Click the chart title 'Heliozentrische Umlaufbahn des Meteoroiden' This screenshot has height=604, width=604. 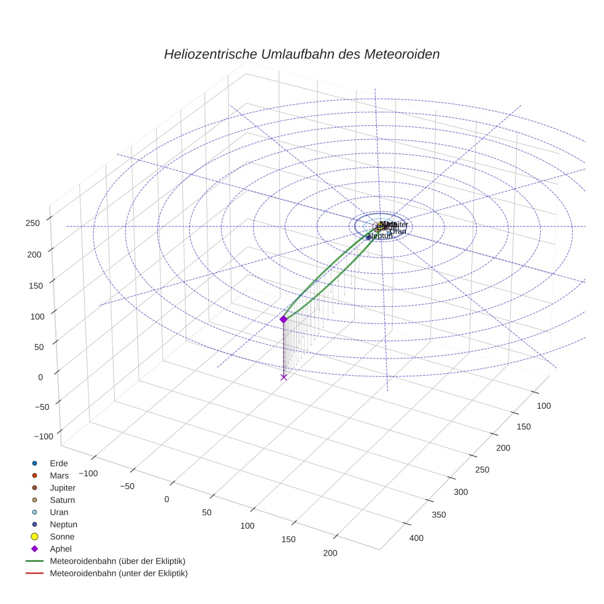(x=301, y=54)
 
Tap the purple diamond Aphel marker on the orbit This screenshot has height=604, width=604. (x=284, y=319)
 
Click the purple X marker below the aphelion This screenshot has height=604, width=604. (x=284, y=377)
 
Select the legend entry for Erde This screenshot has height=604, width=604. (x=59, y=463)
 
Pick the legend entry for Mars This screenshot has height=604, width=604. (x=59, y=476)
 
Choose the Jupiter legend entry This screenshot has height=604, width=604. (x=63, y=488)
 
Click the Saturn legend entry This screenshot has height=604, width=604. (x=62, y=500)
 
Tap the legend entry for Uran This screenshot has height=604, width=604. (x=59, y=513)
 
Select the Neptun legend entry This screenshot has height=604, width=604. (x=63, y=525)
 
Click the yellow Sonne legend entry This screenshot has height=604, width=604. (x=62, y=537)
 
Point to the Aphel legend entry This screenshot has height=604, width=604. (x=60, y=549)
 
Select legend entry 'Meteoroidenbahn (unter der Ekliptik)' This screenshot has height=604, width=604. (x=118, y=573)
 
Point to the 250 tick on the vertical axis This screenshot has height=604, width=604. (x=33, y=223)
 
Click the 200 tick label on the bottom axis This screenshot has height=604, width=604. (x=330, y=553)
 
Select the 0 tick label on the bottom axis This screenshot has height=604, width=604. (x=166, y=499)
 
